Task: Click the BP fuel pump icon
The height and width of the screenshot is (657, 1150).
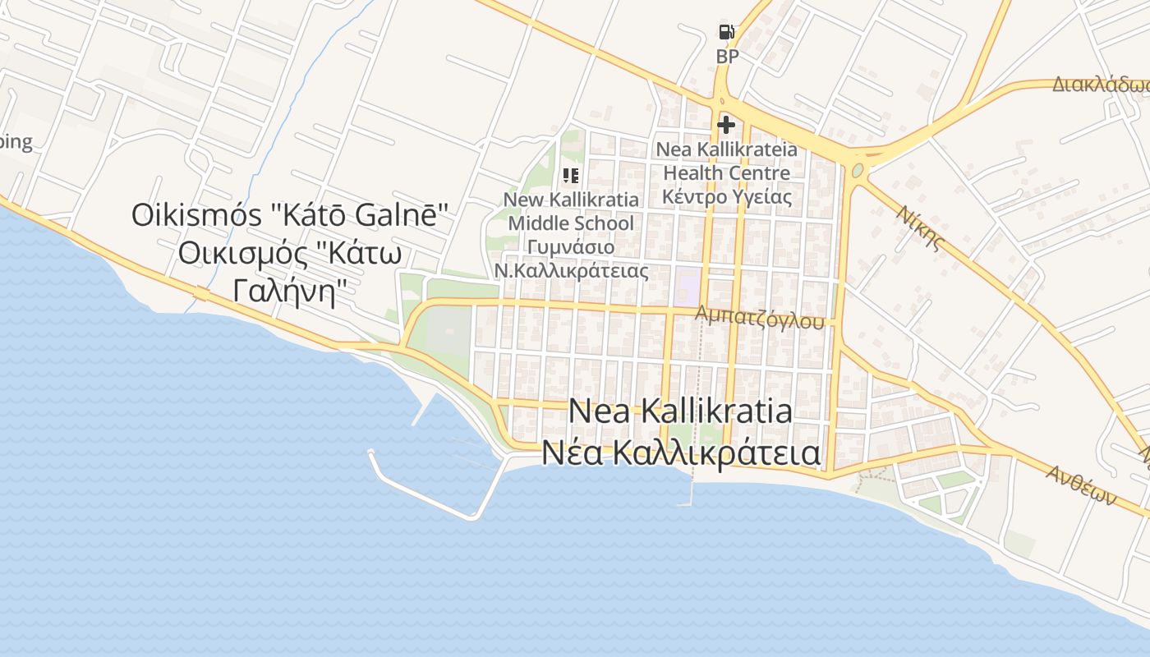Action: (727, 32)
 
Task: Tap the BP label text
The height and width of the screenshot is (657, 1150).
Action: (727, 57)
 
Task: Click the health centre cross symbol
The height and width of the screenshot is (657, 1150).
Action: (726, 125)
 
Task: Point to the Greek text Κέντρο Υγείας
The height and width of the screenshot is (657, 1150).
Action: (727, 197)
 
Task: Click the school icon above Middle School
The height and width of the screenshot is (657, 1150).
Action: (571, 175)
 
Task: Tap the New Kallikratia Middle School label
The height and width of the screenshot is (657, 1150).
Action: (571, 211)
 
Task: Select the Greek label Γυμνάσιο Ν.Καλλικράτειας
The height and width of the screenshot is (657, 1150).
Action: (571, 259)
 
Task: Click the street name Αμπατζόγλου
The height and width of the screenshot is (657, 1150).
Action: (759, 318)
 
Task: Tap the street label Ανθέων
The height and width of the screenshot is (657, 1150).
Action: (1081, 485)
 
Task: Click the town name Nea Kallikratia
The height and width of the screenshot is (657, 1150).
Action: (680, 411)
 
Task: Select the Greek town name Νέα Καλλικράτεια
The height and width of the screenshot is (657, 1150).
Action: (680, 453)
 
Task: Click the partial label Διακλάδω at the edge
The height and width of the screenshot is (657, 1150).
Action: (1101, 85)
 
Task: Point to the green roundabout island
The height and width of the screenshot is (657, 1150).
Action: (858, 171)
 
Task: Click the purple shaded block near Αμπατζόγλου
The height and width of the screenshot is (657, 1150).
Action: (688, 283)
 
